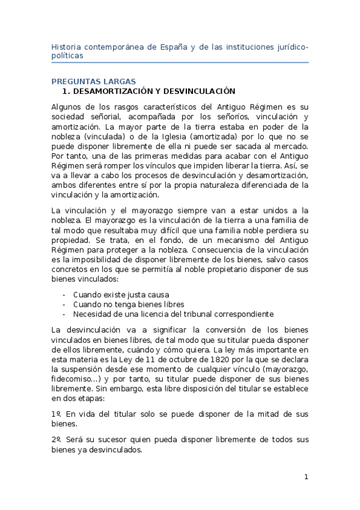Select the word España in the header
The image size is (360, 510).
(x=170, y=46)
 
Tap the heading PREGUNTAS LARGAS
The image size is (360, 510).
(x=94, y=82)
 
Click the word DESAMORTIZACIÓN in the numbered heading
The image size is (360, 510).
(x=114, y=91)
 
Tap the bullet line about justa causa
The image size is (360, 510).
(x=121, y=295)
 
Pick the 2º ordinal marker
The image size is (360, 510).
(x=56, y=440)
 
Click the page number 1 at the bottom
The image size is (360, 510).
(x=306, y=478)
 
